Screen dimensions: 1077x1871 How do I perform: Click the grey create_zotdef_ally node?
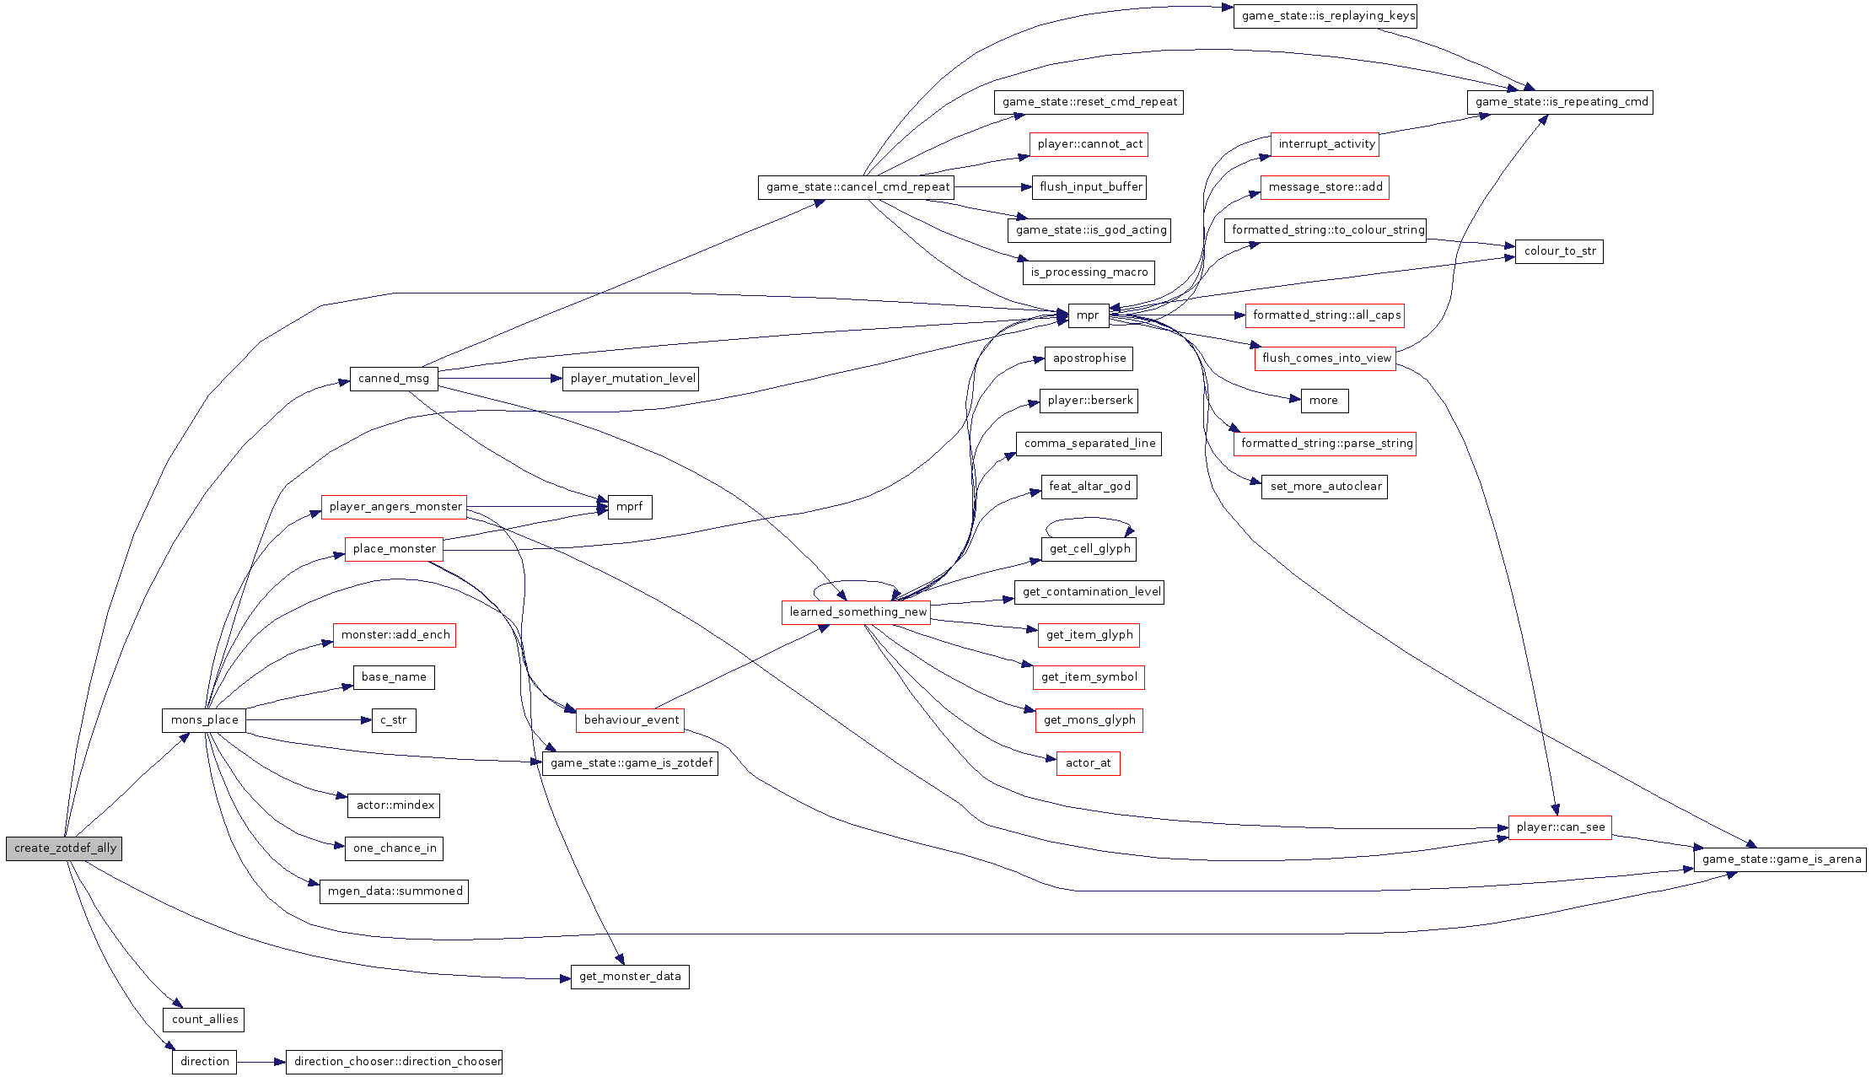click(x=64, y=848)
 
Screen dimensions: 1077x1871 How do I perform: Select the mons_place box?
click(x=204, y=720)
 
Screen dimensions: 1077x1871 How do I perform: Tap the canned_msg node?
click(x=394, y=379)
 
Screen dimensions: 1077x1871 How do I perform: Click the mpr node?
click(x=1088, y=315)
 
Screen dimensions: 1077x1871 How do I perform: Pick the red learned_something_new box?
click(x=856, y=612)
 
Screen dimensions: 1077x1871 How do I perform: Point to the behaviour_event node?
click(x=631, y=720)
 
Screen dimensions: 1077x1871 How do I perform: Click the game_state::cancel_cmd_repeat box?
click(x=856, y=187)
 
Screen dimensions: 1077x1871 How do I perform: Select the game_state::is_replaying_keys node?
click(x=1325, y=16)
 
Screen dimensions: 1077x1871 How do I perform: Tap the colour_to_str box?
click(x=1559, y=251)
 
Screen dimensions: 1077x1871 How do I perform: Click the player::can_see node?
click(x=1560, y=827)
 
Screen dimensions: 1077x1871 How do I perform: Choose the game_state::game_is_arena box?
click(x=1780, y=859)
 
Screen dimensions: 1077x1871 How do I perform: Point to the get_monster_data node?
click(x=630, y=977)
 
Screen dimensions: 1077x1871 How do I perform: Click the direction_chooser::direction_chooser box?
click(x=394, y=1062)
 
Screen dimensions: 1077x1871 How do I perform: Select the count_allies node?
click(x=205, y=1020)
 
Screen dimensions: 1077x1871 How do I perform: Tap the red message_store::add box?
click(x=1325, y=187)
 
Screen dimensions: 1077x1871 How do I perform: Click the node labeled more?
click(x=1323, y=401)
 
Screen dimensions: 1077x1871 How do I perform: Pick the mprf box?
click(x=630, y=507)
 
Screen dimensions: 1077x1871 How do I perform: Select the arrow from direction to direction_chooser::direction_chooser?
click(x=261, y=1062)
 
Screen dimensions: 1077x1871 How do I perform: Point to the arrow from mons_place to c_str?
click(x=308, y=720)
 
